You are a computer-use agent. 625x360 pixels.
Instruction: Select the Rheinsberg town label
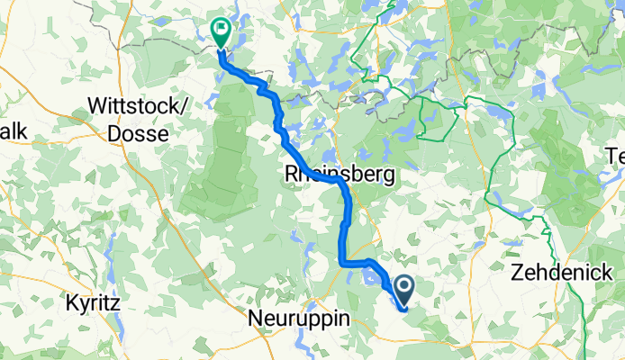[x=340, y=174]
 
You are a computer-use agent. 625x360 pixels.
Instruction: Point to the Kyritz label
[x=93, y=302]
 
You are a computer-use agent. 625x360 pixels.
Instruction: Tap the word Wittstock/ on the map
[x=138, y=105]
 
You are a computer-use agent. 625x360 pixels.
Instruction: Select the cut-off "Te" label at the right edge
[x=615, y=157]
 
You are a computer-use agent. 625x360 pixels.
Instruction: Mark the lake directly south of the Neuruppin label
[x=297, y=342]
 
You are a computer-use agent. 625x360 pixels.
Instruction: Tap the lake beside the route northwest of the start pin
[x=373, y=279]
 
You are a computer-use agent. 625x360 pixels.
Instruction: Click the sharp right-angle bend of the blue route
[x=342, y=263]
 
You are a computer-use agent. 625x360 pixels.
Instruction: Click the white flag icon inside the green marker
[x=220, y=28]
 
